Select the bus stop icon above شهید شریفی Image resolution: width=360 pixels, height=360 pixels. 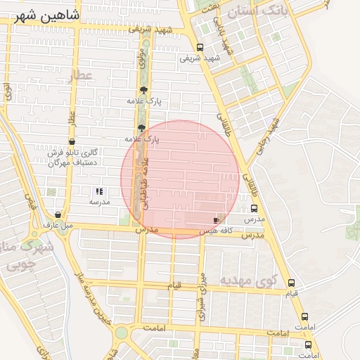point(200,47)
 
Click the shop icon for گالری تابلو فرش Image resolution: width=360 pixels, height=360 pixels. point(72,142)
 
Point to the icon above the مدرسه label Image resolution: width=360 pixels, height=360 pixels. point(99,191)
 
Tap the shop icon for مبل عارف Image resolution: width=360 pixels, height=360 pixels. point(58,215)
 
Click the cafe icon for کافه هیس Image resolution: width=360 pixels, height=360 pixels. point(216,220)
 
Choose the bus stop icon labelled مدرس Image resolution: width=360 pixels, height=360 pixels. point(254,209)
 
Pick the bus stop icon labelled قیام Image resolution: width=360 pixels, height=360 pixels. point(291,282)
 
